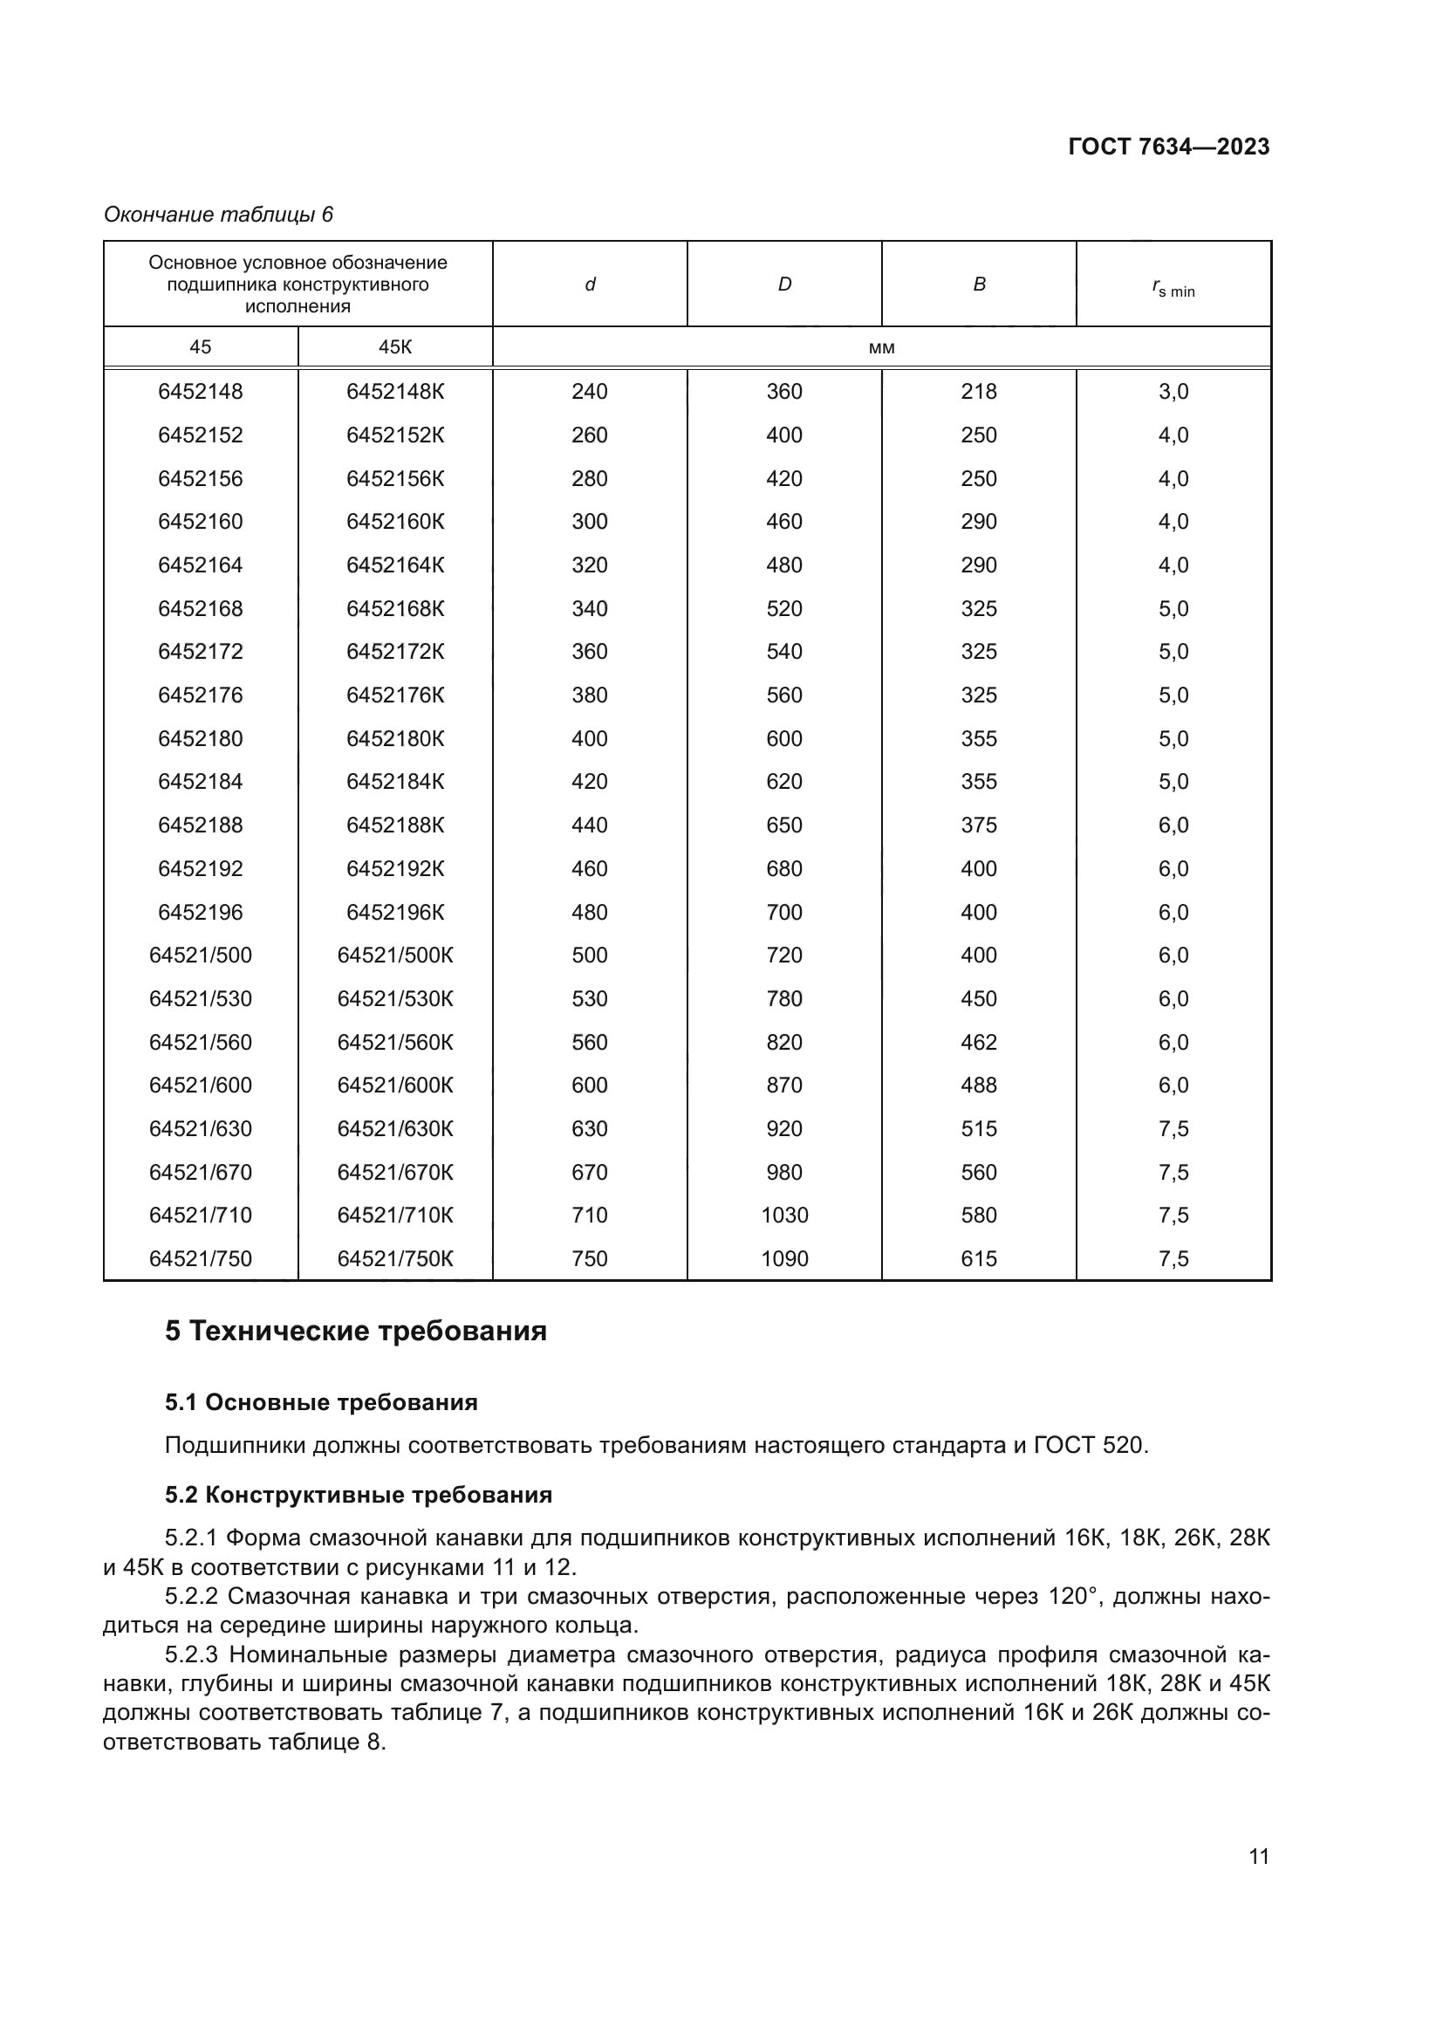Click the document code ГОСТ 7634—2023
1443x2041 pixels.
click(1168, 147)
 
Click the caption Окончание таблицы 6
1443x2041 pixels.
click(219, 215)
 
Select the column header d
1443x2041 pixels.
click(589, 284)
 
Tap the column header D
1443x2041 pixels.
click(784, 284)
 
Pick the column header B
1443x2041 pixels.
click(979, 284)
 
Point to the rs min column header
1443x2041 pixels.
click(1173, 288)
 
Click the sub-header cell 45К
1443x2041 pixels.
click(394, 346)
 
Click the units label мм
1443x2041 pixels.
click(881, 347)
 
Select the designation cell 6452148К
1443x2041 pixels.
click(394, 391)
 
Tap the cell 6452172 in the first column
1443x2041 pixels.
click(200, 652)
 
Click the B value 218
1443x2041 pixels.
click(979, 391)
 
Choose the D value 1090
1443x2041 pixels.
click(784, 1259)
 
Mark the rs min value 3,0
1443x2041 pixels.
click(1173, 391)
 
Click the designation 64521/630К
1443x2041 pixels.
click(394, 1129)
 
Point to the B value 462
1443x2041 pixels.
click(979, 1042)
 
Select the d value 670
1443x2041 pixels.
click(589, 1172)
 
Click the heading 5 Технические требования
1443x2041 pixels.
click(355, 1332)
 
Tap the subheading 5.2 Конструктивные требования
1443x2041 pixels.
click(358, 1496)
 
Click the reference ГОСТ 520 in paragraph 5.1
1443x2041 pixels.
click(1091, 1445)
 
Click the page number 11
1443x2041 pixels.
click(1258, 1856)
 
